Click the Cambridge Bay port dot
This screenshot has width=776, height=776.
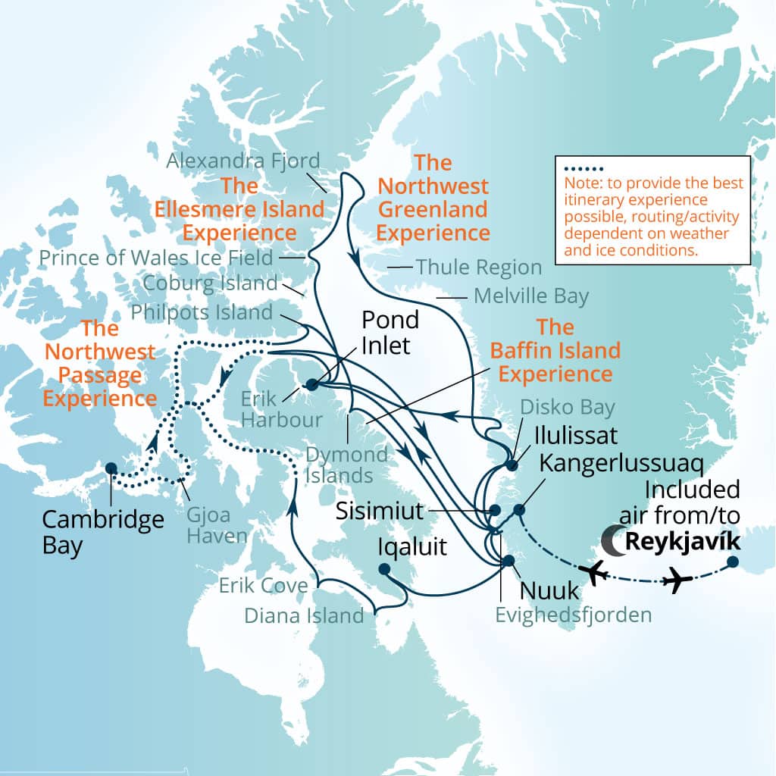(111, 468)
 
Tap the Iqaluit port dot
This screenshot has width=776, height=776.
(384, 569)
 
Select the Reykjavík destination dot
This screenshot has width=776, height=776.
(733, 562)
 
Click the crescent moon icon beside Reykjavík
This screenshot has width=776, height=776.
(612, 540)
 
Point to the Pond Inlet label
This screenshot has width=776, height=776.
(390, 331)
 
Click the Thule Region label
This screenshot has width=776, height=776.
(479, 268)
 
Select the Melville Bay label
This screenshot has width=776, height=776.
(530, 296)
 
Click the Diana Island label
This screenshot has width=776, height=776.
(304, 616)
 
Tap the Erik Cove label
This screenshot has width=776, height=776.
(263, 585)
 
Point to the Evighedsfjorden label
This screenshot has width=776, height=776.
(573, 614)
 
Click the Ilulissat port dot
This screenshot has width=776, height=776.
(512, 465)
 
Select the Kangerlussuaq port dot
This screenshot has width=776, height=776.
(519, 509)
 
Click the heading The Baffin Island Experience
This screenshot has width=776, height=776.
(555, 350)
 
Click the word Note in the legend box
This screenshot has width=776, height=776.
(580, 183)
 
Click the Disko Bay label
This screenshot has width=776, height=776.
(567, 408)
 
